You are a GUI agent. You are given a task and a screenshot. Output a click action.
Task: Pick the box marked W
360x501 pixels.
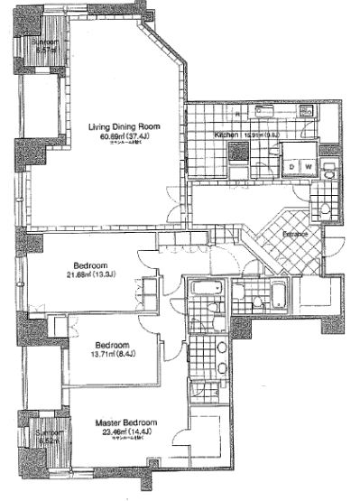point(308,167)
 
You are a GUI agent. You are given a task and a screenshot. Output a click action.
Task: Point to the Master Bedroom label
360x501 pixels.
point(126,422)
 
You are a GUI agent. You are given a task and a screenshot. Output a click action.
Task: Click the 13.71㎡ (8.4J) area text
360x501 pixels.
point(111,355)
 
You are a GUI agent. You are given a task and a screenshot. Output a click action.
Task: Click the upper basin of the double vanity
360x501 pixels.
point(221,347)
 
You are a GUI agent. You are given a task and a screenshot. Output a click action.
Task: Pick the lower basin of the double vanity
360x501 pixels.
point(221,366)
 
